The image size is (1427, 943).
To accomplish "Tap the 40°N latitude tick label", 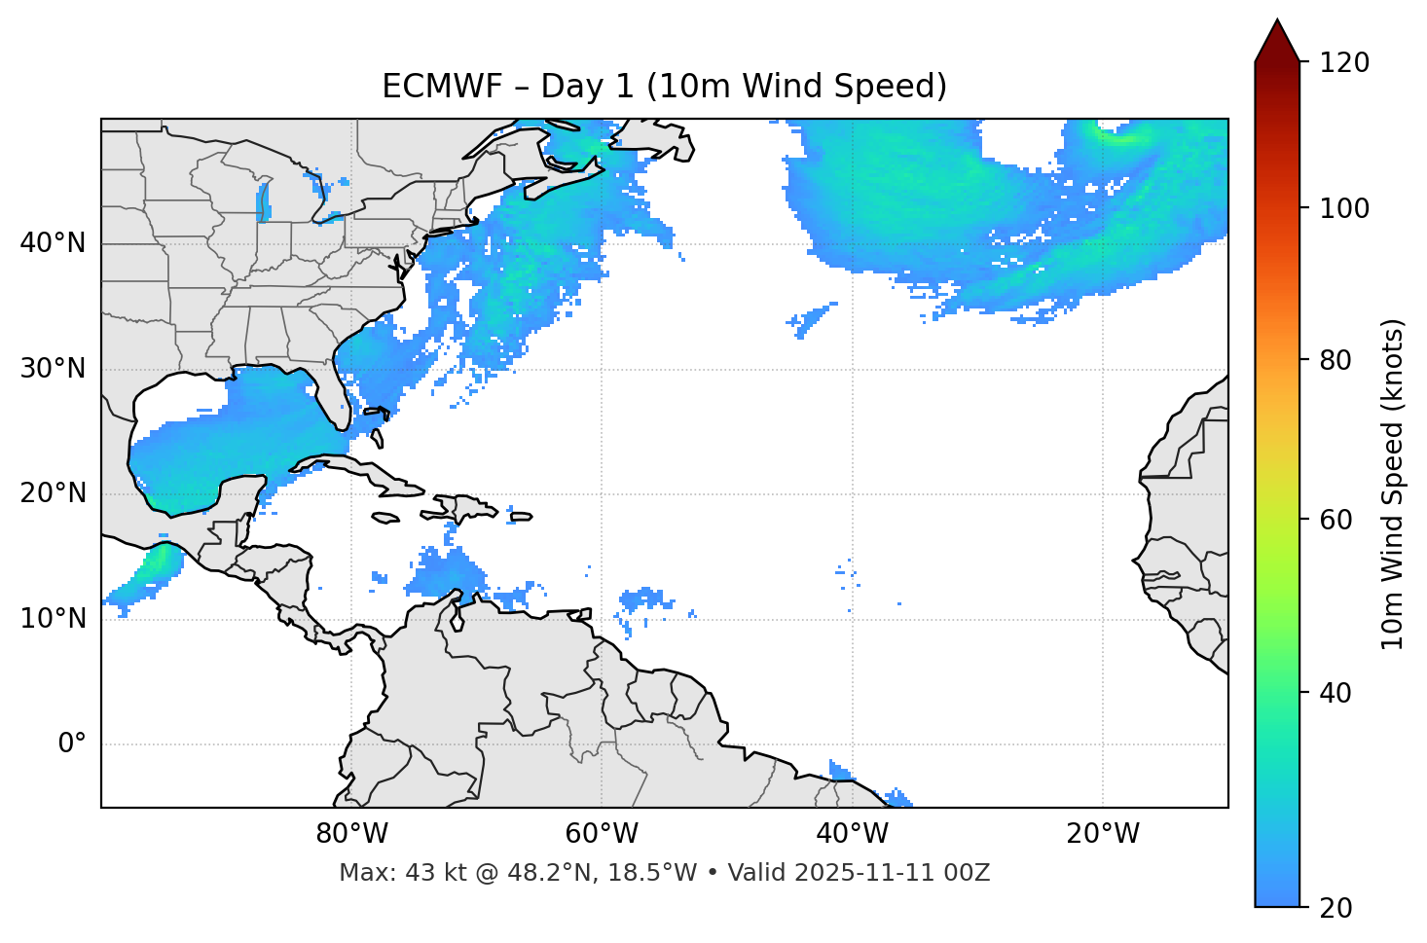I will tap(53, 242).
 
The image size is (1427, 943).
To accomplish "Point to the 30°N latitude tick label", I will tap(53, 369).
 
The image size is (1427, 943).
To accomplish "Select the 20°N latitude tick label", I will tap(53, 493).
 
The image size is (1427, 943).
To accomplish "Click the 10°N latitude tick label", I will tap(53, 619).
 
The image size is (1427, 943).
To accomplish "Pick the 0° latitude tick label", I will tap(72, 744).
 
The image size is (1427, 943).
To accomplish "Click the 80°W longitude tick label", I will tap(351, 834).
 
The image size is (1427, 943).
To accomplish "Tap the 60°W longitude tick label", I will tap(602, 834).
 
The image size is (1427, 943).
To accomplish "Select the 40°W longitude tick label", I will tap(852, 834).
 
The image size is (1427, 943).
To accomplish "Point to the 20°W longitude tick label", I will tap(1102, 834).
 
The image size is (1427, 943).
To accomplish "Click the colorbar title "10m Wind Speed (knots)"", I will tap(1393, 485).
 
